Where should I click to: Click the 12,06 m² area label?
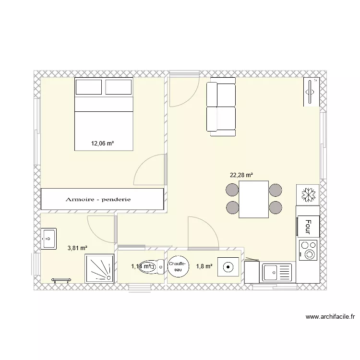tap(102, 143)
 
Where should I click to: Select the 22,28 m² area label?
tap(241, 175)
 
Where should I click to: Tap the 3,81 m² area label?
tap(77, 248)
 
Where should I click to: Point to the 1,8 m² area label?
tap(204, 266)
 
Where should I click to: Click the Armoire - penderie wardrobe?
tap(102, 199)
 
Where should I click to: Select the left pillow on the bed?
tap(89, 87)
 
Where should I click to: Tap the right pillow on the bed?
tap(118, 87)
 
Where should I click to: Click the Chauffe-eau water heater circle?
tap(178, 267)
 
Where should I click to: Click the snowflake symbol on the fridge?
tap(308, 194)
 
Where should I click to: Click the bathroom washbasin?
tap(48, 238)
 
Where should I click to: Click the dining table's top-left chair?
tap(232, 190)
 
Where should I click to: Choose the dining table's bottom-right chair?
tap(275, 207)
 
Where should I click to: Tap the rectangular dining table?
tap(254, 199)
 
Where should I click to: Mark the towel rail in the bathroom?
tap(61, 280)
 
